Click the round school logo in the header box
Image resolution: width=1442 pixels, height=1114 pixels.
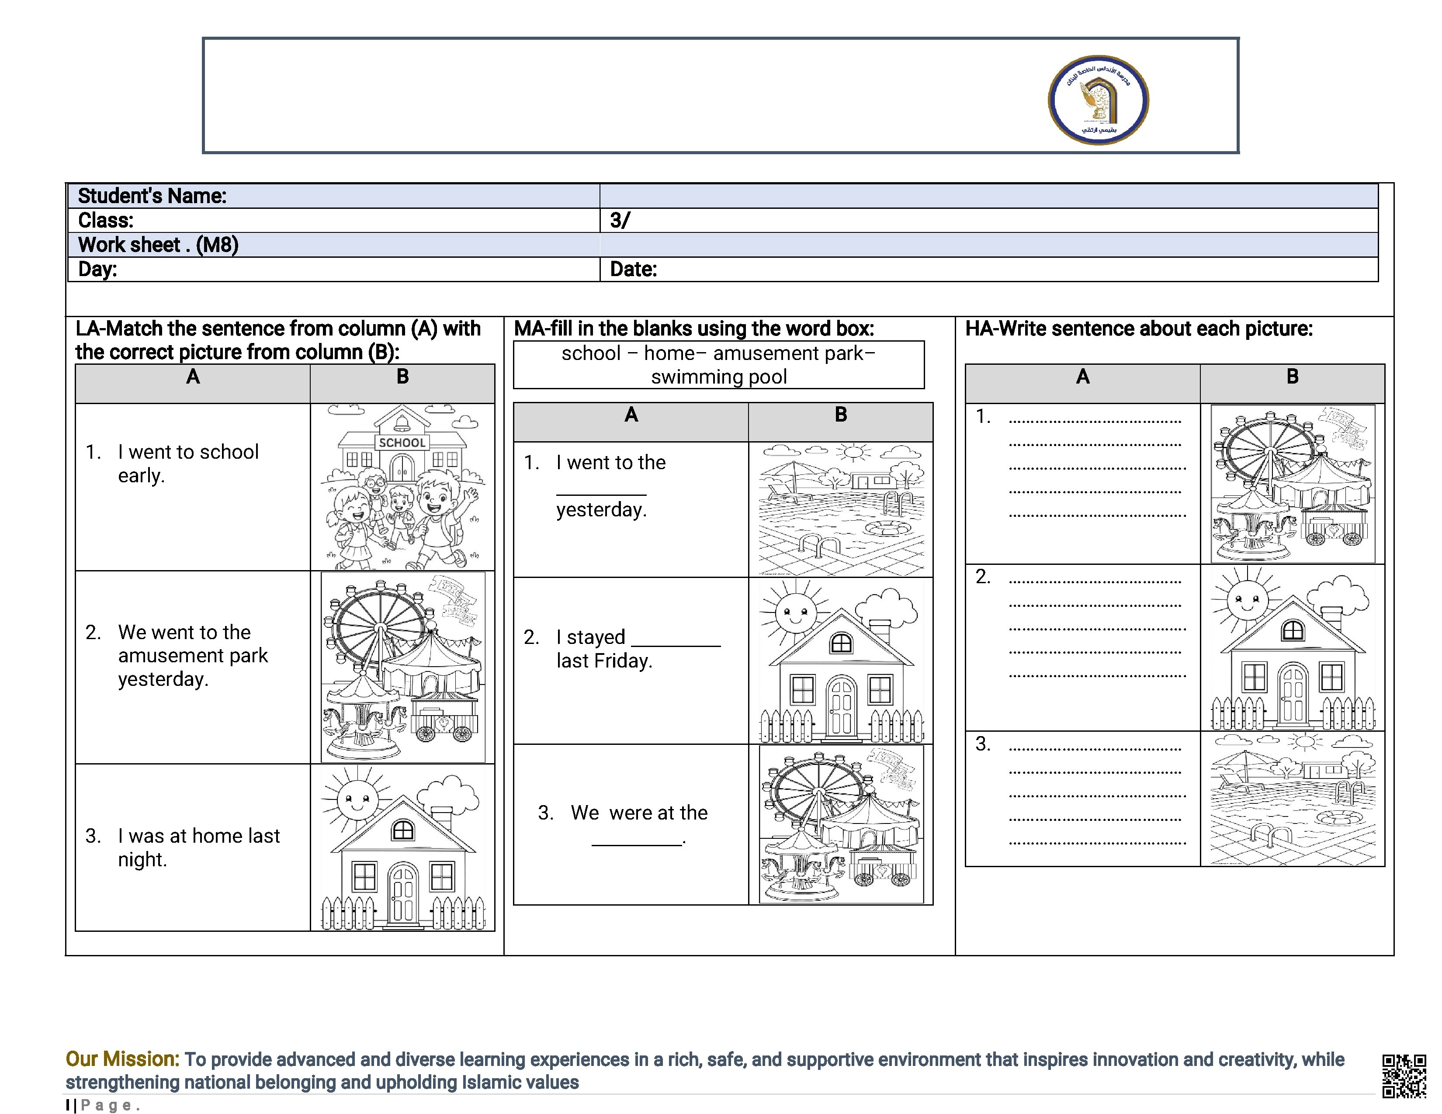(x=1098, y=100)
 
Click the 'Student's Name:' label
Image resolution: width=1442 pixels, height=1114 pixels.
(x=152, y=196)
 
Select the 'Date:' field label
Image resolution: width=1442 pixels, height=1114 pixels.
(x=633, y=269)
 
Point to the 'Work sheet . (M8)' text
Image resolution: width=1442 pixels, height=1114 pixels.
(x=158, y=245)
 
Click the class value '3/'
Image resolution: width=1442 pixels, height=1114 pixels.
(x=619, y=221)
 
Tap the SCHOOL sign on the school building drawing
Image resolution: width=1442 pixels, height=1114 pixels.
(x=402, y=443)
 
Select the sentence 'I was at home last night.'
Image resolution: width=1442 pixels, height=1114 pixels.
(x=198, y=848)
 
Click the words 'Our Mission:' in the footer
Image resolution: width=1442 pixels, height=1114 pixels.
(x=122, y=1059)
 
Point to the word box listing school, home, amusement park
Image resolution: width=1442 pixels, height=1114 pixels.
(x=718, y=365)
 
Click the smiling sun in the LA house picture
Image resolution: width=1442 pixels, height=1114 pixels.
(x=357, y=799)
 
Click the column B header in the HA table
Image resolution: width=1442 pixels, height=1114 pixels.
(x=1292, y=377)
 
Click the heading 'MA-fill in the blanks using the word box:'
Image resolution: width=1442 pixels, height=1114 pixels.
(x=694, y=329)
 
